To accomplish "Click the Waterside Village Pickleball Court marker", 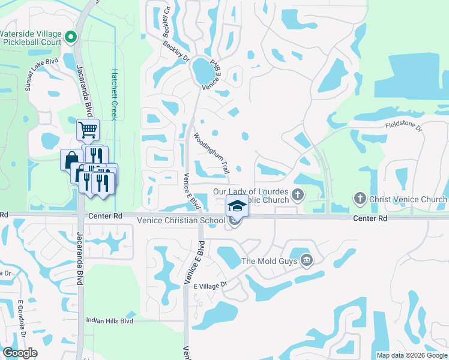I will [x=71, y=37].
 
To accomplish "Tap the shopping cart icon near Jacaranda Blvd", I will [x=88, y=128].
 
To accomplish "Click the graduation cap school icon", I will [x=237, y=205].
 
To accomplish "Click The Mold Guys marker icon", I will [x=307, y=260].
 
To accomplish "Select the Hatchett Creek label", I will [x=113, y=95].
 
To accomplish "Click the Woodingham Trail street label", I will [x=210, y=154].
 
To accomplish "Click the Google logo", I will [x=20, y=353].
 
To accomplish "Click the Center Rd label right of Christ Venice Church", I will [x=369, y=218].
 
